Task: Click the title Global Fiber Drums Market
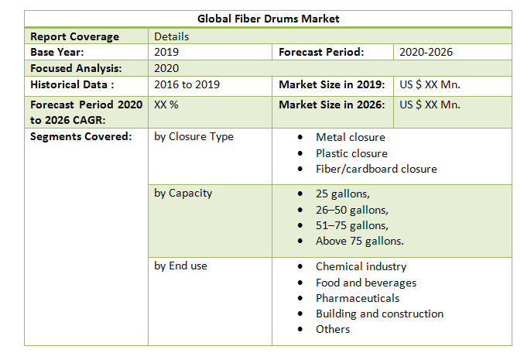(x=268, y=18)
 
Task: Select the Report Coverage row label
(x=74, y=36)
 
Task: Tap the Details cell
(x=171, y=36)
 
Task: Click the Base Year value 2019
(x=167, y=52)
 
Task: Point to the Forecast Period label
(x=321, y=52)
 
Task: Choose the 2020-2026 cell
(x=426, y=52)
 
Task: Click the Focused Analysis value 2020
(x=167, y=68)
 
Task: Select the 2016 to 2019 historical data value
(x=187, y=84)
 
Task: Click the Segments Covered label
(x=80, y=137)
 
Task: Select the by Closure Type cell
(x=194, y=137)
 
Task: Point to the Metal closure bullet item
(x=350, y=138)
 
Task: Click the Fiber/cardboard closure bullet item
(x=375, y=169)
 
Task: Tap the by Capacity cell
(x=183, y=193)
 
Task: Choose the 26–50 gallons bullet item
(x=351, y=210)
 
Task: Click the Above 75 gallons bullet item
(x=359, y=241)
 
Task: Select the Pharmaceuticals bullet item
(x=357, y=298)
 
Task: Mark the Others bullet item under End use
(x=332, y=329)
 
